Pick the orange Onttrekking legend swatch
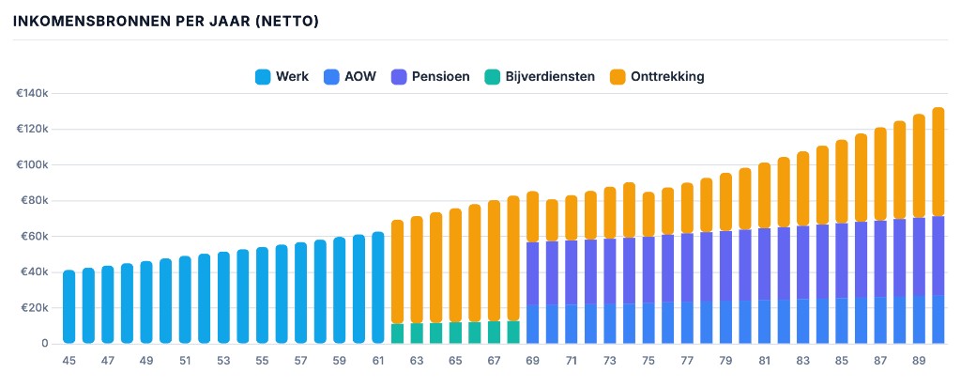tap(618, 77)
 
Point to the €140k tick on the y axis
tap(32, 94)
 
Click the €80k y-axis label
tap(34, 201)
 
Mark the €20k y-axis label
tap(34, 308)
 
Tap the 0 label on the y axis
tap(44, 344)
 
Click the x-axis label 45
tap(69, 361)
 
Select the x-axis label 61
tap(377, 361)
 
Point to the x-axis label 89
tap(919, 361)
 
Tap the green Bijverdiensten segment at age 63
tap(416, 334)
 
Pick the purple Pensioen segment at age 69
tap(532, 273)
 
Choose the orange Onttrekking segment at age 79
tap(725, 202)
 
